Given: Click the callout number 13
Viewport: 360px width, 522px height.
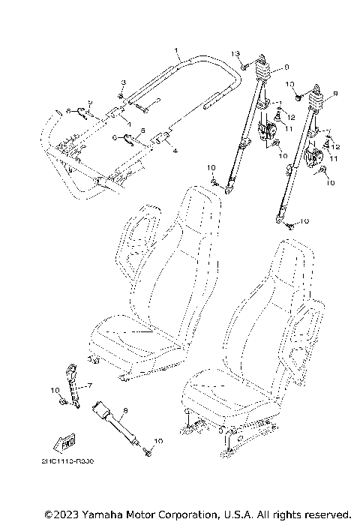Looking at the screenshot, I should coord(235,54).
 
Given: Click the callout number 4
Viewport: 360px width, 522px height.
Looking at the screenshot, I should coord(175,151).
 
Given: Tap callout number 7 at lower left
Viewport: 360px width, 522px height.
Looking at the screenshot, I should coord(88,385).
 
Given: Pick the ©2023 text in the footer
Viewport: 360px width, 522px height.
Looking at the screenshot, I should coord(61,514).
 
